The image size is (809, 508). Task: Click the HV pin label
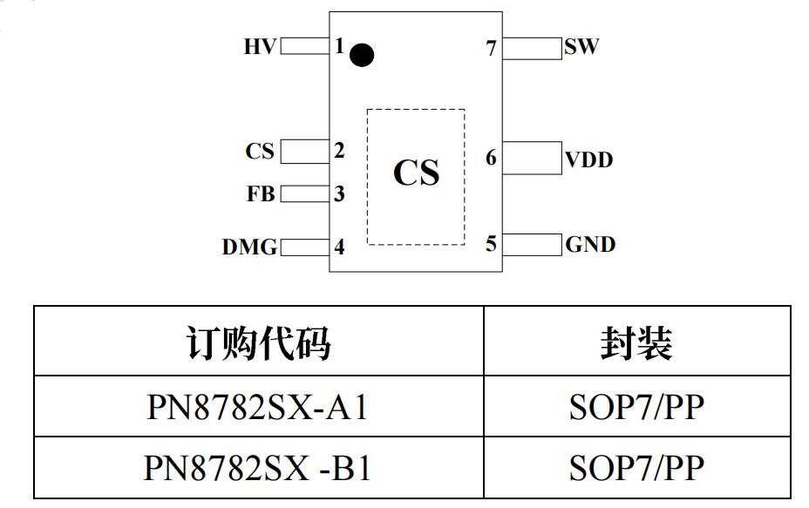coord(259,47)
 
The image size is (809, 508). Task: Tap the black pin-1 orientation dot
coord(362,56)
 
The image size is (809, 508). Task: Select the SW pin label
coord(581,47)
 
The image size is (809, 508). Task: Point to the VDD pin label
coord(589,160)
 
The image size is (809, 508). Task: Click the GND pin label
coord(590,245)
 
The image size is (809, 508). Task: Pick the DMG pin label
coord(249,247)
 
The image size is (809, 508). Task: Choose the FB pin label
coord(261,194)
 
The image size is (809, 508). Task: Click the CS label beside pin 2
coord(260,152)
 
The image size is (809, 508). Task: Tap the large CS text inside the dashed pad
coord(416,173)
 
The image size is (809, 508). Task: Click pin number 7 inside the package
coord(492,49)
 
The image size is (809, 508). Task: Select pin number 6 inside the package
coord(492,159)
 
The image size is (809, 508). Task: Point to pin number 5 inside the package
coord(492,244)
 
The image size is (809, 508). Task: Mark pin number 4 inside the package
coord(339,247)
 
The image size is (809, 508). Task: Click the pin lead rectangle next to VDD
coord(533,159)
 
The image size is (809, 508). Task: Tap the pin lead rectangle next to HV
coord(304,46)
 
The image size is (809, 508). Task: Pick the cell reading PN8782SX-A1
coord(259,407)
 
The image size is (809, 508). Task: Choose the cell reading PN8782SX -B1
coord(259,468)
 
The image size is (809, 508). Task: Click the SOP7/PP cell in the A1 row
coord(636,407)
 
